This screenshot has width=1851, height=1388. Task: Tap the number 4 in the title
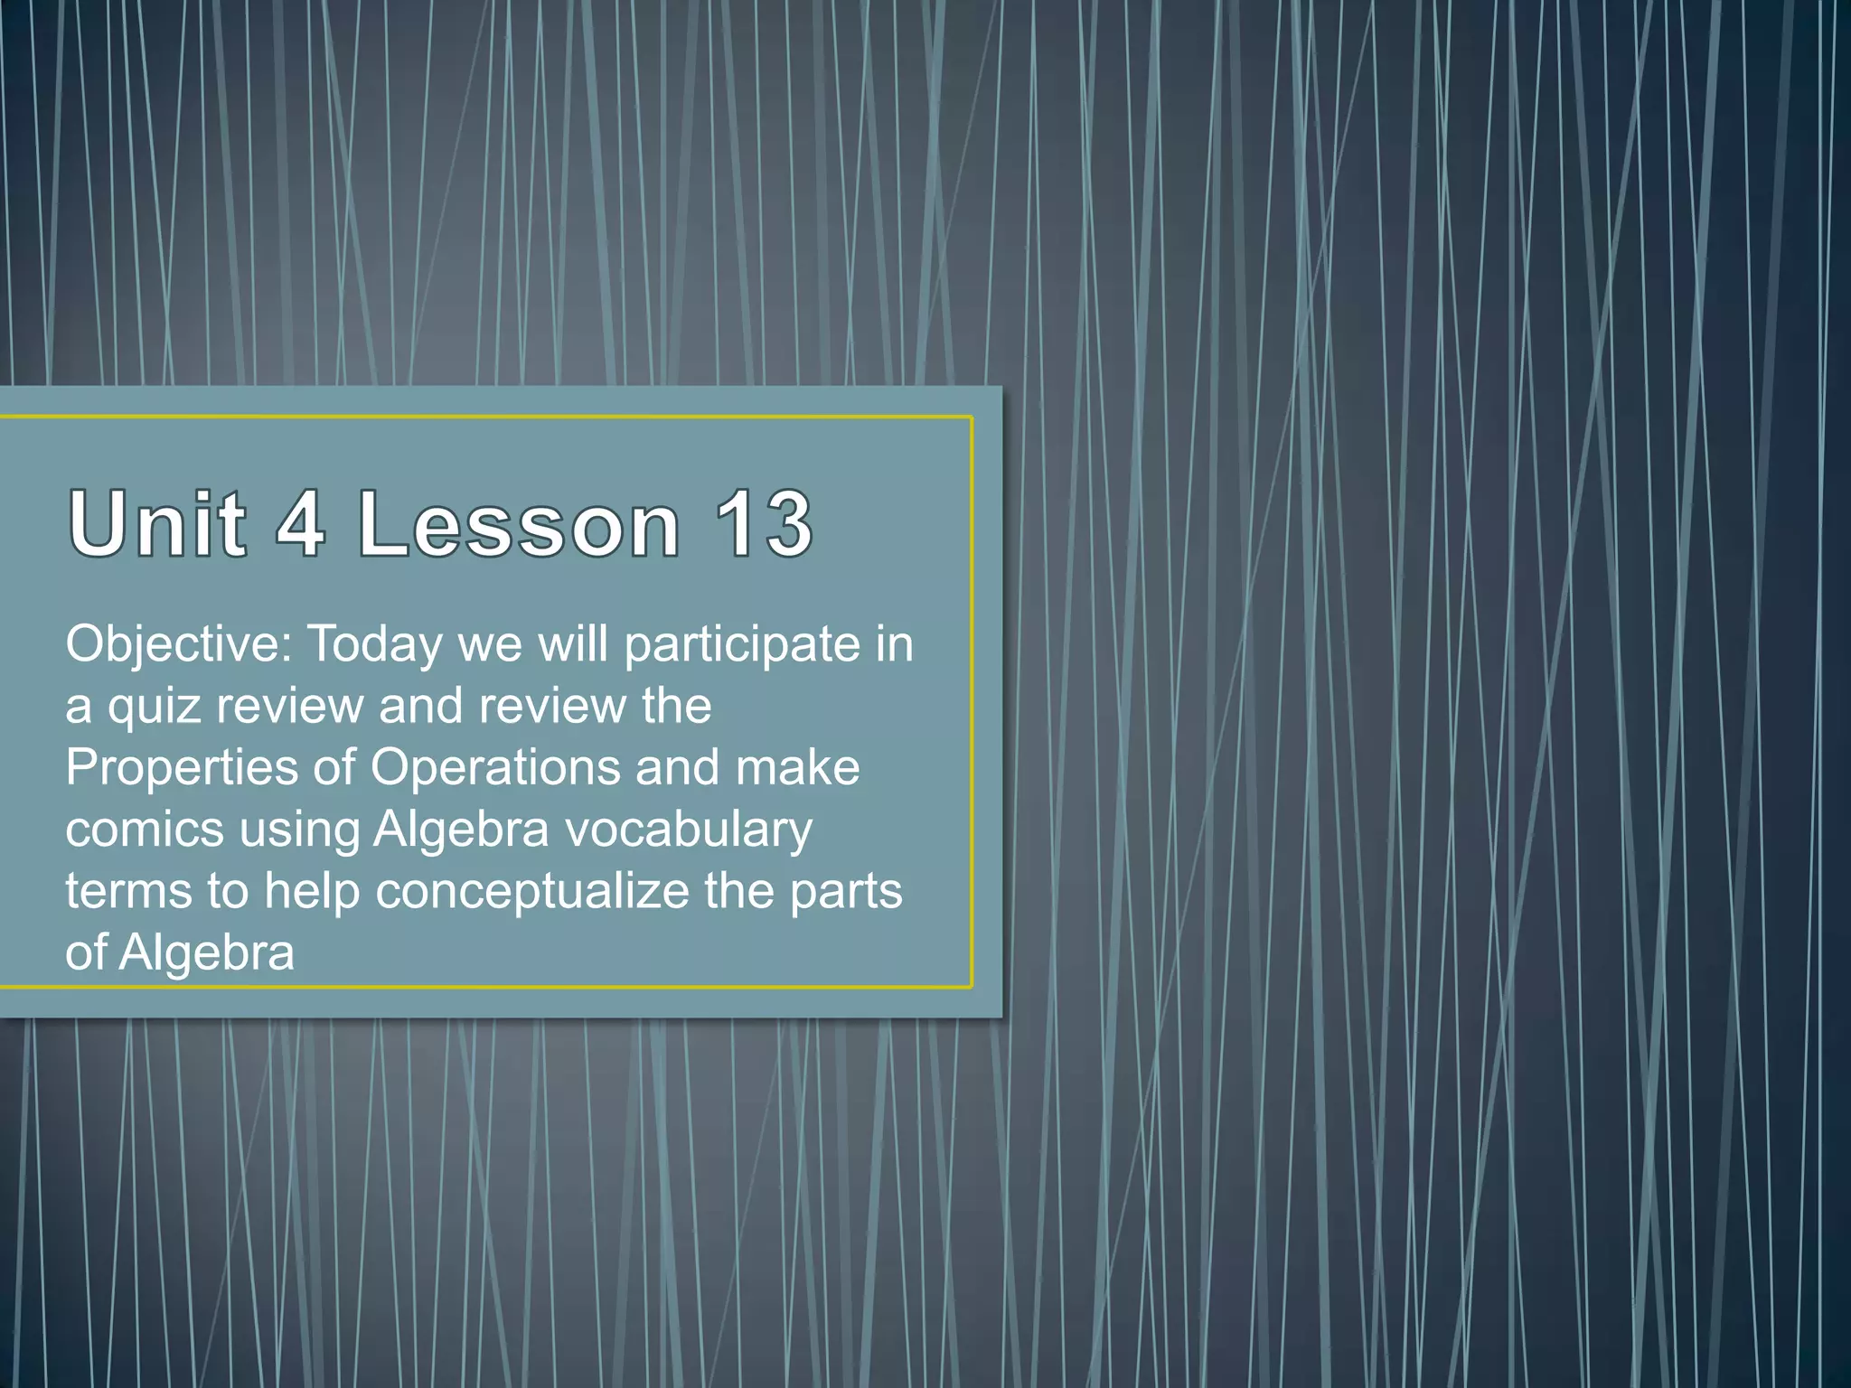(x=301, y=523)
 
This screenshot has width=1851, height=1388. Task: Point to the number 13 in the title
(x=764, y=523)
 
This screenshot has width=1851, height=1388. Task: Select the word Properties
(x=182, y=768)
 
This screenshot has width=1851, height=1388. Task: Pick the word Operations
(x=495, y=768)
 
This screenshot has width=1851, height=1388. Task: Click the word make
(x=797, y=768)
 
